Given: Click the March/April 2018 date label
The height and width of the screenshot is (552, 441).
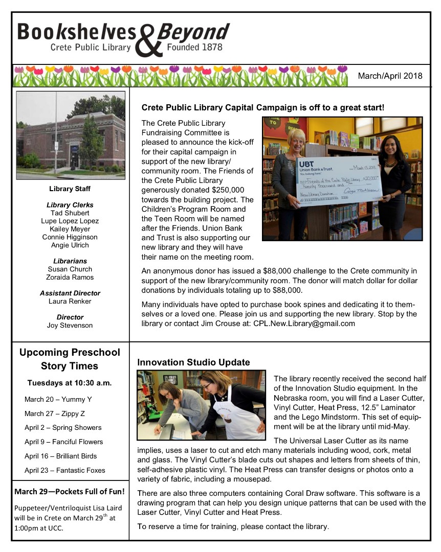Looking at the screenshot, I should [x=390, y=76].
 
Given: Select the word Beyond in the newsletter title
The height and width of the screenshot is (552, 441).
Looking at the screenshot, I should [x=193, y=32].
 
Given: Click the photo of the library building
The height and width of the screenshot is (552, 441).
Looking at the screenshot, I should [x=71, y=135].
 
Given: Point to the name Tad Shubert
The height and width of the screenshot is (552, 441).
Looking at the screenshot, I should [x=70, y=213].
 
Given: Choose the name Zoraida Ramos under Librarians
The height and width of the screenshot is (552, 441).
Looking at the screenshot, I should [x=70, y=277].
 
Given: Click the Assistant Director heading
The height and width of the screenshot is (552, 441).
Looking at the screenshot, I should [x=70, y=293].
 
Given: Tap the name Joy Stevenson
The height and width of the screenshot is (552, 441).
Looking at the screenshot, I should [x=70, y=325].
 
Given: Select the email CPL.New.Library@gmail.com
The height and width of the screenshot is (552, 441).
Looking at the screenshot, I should [x=304, y=324].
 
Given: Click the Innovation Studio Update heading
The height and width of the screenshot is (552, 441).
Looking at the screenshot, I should [x=193, y=362].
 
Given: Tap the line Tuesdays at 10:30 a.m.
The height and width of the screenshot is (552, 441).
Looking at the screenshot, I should [x=70, y=383].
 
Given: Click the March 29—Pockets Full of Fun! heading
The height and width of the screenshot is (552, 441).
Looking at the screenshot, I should [x=70, y=492].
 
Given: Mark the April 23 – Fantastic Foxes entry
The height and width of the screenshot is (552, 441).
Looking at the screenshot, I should [x=64, y=470].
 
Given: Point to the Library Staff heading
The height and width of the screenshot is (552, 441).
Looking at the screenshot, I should [x=70, y=189].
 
